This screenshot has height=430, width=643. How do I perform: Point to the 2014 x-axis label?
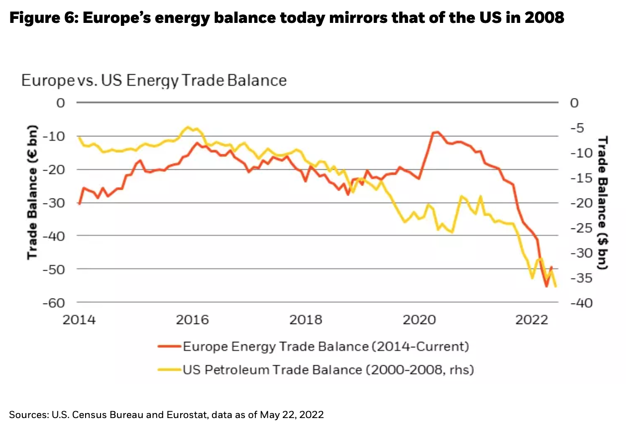pos(79,320)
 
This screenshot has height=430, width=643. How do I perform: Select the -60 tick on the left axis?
pos(55,302)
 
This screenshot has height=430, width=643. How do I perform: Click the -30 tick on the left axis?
pos(55,203)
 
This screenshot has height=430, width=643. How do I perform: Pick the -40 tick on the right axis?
pos(581,303)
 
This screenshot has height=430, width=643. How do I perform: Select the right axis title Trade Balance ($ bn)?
pos(603,202)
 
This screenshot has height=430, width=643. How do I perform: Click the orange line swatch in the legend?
pos(168,346)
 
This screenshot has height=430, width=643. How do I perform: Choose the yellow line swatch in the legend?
pos(168,370)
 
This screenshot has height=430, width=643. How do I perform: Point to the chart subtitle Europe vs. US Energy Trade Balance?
pos(154,80)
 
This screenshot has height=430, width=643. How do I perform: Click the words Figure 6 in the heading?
pos(41,18)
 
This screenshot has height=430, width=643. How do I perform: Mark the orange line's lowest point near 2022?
pos(546,287)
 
